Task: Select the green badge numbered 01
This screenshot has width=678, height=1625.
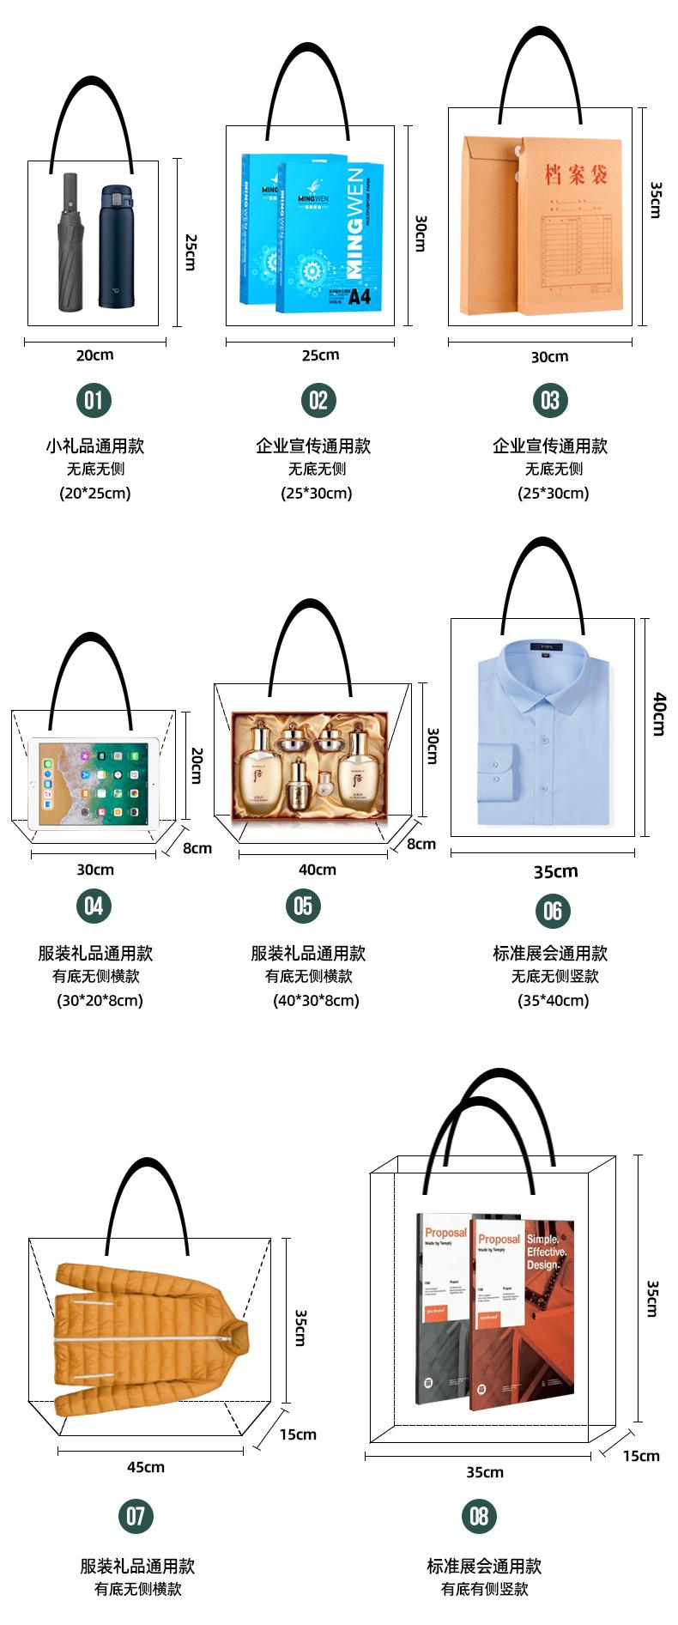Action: pyautogui.click(x=94, y=399)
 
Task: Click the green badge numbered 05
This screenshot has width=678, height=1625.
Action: pyautogui.click(x=303, y=906)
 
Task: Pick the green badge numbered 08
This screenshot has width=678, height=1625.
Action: pyautogui.click(x=479, y=1515)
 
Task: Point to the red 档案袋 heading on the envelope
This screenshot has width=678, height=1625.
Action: pyautogui.click(x=576, y=175)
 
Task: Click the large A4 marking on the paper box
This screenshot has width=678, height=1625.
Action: pyautogui.click(x=359, y=297)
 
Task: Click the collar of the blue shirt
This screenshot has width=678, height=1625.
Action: pyautogui.click(x=543, y=666)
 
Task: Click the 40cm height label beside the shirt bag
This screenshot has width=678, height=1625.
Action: pyautogui.click(x=658, y=713)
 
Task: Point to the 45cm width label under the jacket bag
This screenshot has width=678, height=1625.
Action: pyautogui.click(x=146, y=1466)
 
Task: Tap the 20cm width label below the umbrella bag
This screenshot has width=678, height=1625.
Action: pyautogui.click(x=94, y=355)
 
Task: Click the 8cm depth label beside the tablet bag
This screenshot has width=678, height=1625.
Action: pyautogui.click(x=197, y=848)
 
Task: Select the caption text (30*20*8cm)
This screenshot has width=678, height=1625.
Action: pyautogui.click(x=100, y=1000)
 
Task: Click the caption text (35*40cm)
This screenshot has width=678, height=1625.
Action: pyautogui.click(x=553, y=1000)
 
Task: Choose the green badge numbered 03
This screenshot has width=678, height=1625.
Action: pyautogui.click(x=550, y=400)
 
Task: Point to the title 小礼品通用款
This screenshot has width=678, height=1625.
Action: pyautogui.click(x=94, y=446)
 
